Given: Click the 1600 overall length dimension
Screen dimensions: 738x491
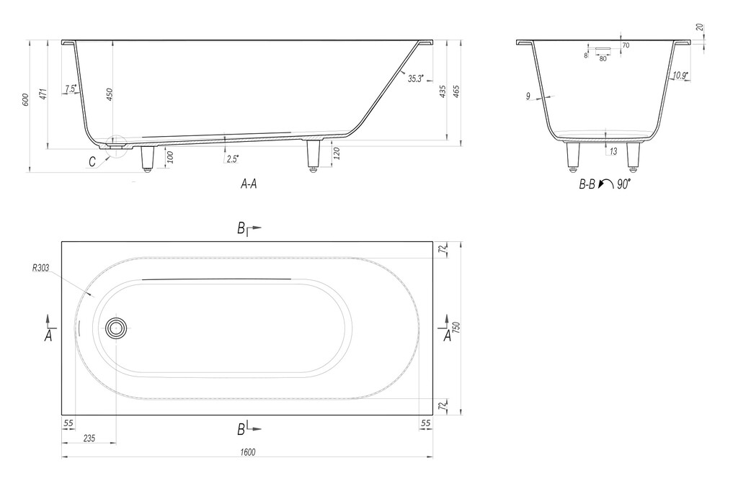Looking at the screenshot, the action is pyautogui.click(x=248, y=452).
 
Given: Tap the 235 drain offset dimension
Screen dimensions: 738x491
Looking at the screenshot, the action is pyautogui.click(x=89, y=438).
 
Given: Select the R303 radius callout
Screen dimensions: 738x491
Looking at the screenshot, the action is pyautogui.click(x=40, y=268).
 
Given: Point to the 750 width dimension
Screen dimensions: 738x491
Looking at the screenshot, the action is pyautogui.click(x=456, y=328).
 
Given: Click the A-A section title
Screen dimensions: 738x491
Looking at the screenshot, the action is pyautogui.click(x=249, y=184).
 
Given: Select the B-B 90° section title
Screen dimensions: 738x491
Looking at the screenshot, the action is pyautogui.click(x=605, y=184).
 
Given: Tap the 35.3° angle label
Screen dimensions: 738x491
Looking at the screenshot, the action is pyautogui.click(x=416, y=78).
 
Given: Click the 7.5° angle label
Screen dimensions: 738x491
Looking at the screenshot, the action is pyautogui.click(x=71, y=89).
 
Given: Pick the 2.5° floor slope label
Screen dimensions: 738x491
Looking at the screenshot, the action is pyautogui.click(x=233, y=159).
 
